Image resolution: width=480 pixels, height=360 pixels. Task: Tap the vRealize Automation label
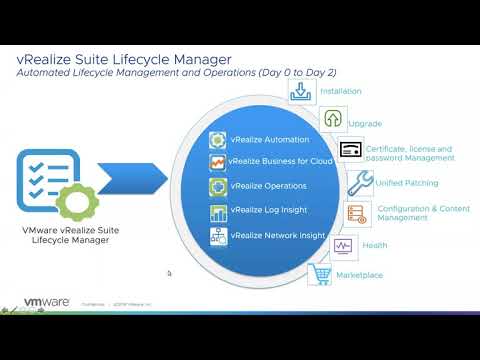(269, 140)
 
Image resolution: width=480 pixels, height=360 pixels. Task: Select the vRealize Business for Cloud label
(279, 162)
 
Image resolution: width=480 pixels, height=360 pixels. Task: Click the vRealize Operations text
(268, 186)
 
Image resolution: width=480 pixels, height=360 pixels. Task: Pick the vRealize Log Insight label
(267, 211)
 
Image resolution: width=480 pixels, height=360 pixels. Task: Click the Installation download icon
(301, 91)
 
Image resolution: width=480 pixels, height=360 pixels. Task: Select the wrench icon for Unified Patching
(361, 181)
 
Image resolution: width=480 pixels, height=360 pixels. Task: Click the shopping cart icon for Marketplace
(321, 273)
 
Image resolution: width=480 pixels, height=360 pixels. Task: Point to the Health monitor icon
(343, 245)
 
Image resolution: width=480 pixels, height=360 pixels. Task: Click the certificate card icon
(351, 151)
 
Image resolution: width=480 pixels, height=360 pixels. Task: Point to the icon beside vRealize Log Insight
(218, 211)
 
